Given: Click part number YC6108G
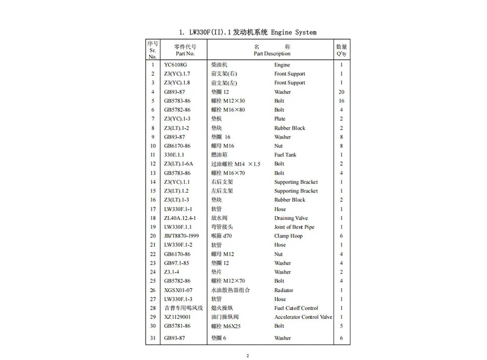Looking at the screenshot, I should coord(175,65).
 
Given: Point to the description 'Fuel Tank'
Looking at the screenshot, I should coord(285,155).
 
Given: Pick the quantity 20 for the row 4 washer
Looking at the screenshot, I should coord(341,92).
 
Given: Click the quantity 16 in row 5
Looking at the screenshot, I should coord(341,101).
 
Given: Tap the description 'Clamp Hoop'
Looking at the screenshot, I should coord(288,236).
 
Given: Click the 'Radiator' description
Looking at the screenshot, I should coord(284,290).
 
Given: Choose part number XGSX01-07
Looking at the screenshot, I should coord(178,290).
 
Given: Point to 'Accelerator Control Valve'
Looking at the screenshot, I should coord(303,317).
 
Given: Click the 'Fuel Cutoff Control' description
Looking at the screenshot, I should coord(296,308).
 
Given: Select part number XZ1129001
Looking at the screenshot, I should coord(177,317).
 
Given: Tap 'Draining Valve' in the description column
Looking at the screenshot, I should coord(291,218).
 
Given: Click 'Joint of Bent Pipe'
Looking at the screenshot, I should coord(294,227).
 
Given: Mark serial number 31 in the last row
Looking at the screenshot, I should coord(152,338).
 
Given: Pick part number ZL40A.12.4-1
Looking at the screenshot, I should coord(179,218).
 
